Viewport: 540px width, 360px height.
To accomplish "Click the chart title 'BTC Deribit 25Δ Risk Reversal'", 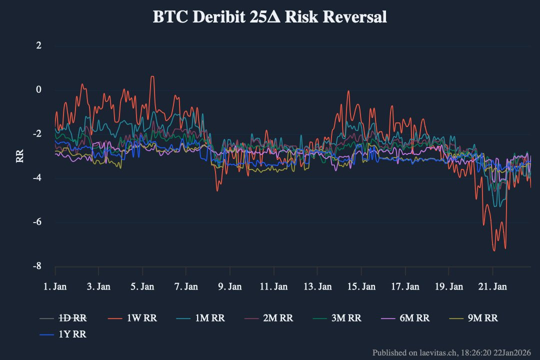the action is click(269, 17).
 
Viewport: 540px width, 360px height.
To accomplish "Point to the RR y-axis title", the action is click(19, 156).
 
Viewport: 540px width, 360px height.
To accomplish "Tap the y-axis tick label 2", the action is click(38, 45).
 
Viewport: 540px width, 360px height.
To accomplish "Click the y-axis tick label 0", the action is click(38, 89).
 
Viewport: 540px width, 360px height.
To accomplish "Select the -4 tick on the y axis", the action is click(37, 177).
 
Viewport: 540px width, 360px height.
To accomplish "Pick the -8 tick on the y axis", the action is click(37, 265).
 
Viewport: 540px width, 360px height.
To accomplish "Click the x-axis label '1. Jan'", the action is click(55, 286).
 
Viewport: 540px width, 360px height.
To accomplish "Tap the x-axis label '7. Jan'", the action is click(186, 286).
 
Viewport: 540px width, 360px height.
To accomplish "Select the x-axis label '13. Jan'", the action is click(317, 286).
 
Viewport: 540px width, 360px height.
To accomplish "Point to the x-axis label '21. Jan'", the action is click(492, 286).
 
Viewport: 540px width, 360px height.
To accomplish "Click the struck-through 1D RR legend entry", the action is click(63, 318).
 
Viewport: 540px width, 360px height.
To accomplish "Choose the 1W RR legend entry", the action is click(132, 318).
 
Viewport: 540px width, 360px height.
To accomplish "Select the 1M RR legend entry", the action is click(200, 318).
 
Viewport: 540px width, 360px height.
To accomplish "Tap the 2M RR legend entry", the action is click(268, 318).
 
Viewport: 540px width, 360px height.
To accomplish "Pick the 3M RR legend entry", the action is click(337, 318).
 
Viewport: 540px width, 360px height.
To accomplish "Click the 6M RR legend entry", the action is click(405, 318).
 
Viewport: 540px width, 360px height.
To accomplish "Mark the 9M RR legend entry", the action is click(473, 318).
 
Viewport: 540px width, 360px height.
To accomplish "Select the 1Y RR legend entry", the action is click(63, 334).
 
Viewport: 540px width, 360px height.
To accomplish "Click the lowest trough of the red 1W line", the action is click(494, 250).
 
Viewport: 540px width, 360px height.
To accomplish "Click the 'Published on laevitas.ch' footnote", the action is click(451, 353).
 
